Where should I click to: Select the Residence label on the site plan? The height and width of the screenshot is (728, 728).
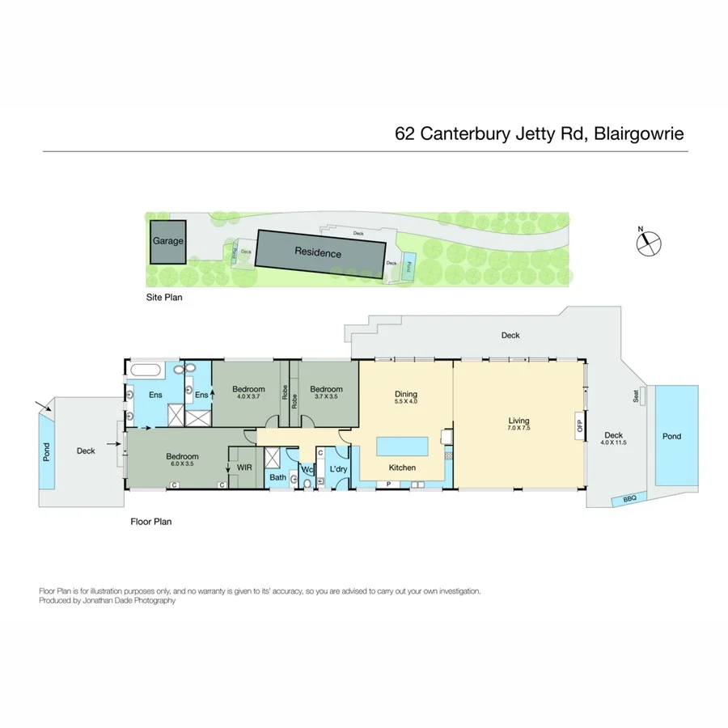[317, 253]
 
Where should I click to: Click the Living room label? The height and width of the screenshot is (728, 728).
[518, 421]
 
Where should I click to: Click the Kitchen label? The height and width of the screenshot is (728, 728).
[402, 468]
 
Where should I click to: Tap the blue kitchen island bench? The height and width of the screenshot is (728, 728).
[403, 446]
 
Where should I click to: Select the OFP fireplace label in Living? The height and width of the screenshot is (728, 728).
[579, 425]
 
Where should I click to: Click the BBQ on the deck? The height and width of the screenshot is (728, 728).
[629, 499]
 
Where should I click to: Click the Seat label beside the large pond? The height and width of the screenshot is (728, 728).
[636, 396]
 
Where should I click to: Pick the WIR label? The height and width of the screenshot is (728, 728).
[243, 467]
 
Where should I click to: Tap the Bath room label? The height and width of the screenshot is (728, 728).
[277, 478]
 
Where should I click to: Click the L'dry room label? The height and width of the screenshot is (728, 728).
[338, 468]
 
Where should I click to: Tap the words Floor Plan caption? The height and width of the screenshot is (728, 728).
[151, 522]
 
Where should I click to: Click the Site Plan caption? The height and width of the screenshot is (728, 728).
[164, 298]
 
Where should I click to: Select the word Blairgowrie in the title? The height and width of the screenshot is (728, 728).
[640, 133]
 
